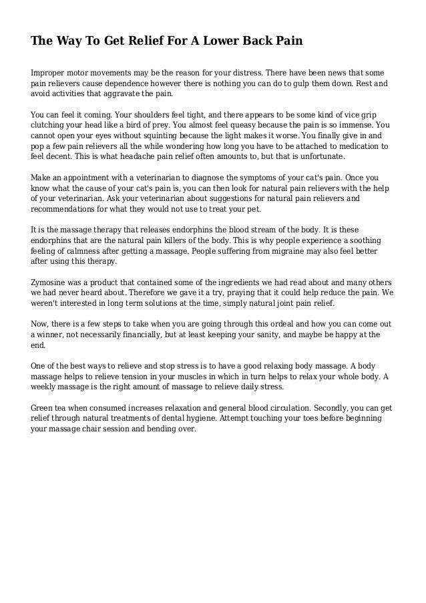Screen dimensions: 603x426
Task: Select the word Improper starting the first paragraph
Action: [49, 71]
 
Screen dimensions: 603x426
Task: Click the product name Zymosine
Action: [53, 283]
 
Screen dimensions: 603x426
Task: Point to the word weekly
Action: [48, 386]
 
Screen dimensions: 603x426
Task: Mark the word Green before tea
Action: [43, 407]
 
